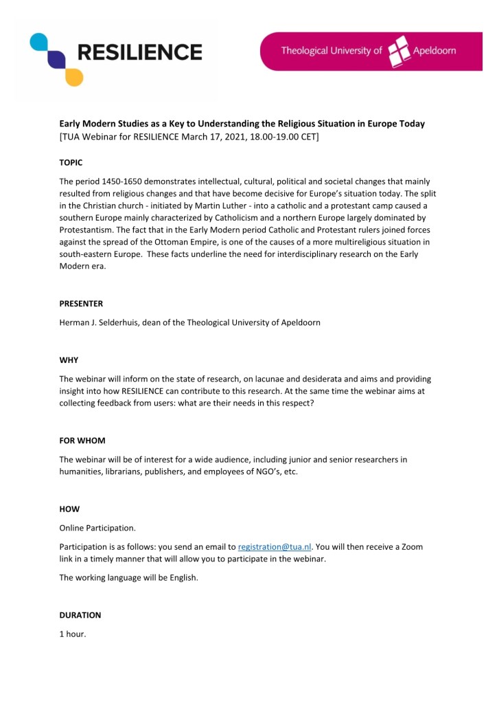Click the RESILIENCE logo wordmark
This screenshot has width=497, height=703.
click(x=139, y=52)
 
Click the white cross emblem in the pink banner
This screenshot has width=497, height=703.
click(x=399, y=51)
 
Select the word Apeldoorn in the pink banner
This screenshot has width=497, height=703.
click(x=434, y=51)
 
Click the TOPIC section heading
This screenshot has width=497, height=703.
click(x=71, y=163)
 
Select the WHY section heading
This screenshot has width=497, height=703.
click(x=69, y=360)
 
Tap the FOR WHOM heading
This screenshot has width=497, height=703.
click(x=82, y=440)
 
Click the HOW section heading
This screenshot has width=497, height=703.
click(x=69, y=509)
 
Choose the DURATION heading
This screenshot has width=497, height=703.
click(x=80, y=615)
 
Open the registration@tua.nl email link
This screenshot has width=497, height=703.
click(x=275, y=547)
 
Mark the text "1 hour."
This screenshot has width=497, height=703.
click(x=73, y=634)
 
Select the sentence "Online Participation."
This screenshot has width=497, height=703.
click(x=98, y=528)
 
